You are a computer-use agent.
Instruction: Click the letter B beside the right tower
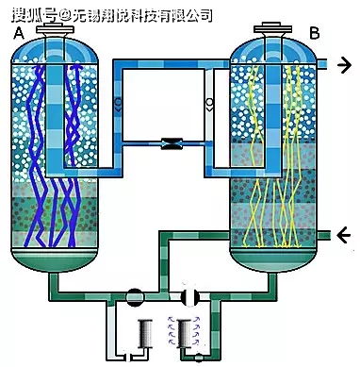(315, 34)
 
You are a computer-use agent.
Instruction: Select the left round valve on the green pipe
(136, 295)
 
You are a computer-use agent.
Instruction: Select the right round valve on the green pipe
(188, 294)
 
